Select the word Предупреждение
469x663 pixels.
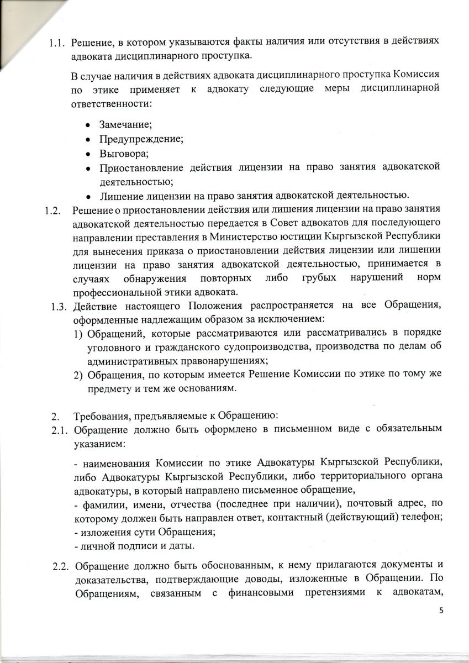(134, 139)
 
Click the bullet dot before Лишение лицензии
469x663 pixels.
(88, 196)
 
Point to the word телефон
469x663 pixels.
(417, 519)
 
